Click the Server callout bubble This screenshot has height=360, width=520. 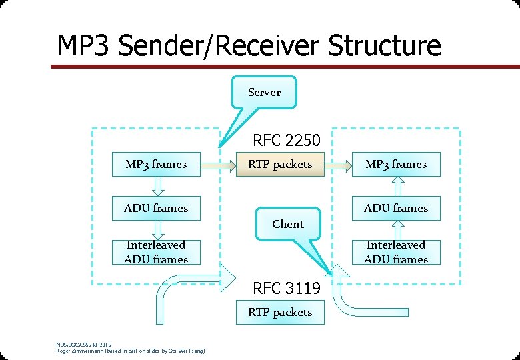(x=264, y=92)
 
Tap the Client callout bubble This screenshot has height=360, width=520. (x=287, y=224)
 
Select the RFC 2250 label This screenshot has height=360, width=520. (x=286, y=141)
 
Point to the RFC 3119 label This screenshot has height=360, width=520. (x=286, y=288)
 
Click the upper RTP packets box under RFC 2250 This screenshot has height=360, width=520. (x=280, y=164)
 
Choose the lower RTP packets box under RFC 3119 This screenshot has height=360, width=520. (x=280, y=312)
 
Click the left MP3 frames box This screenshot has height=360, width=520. (x=156, y=164)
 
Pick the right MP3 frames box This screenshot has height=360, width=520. (x=396, y=164)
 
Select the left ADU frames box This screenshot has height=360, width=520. (x=156, y=208)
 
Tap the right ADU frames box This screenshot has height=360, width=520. (x=396, y=208)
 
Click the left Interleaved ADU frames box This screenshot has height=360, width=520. (x=156, y=252)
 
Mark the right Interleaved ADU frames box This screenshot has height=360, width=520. (x=396, y=252)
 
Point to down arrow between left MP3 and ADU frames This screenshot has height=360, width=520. (x=156, y=186)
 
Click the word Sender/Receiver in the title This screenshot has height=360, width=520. (x=214, y=45)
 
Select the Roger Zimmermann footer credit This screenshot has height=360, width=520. (x=131, y=351)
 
